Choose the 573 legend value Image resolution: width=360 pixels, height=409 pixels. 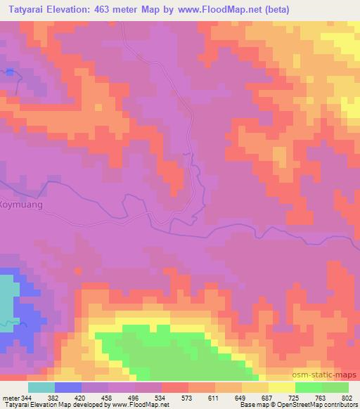[187, 398]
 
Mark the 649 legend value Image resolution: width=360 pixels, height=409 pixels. [240, 398]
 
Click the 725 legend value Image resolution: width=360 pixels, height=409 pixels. [294, 398]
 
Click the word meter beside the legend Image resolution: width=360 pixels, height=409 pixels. [11, 398]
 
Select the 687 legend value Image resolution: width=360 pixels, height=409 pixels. [267, 398]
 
